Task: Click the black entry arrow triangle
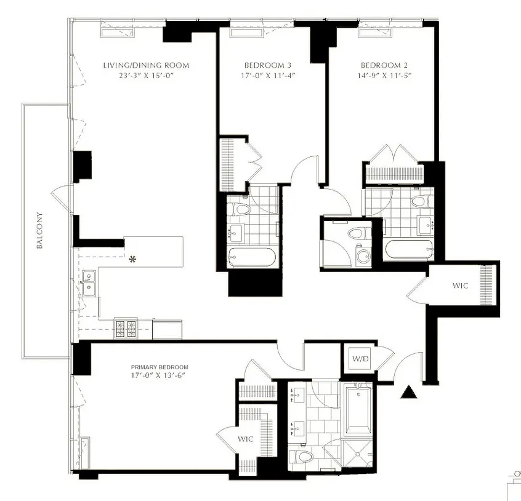[408, 392]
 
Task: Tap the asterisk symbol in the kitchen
[132, 260]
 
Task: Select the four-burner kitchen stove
[126, 328]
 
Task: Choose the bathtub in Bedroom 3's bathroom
[251, 258]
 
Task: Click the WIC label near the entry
[461, 286]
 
